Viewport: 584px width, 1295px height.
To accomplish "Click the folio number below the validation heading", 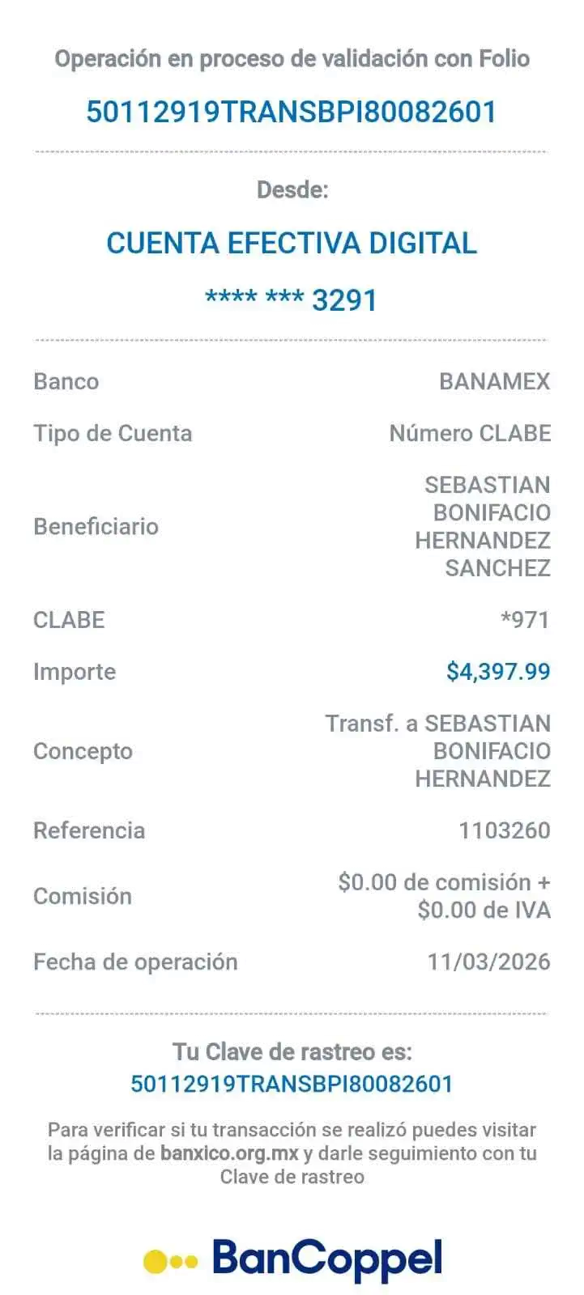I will pos(292,111).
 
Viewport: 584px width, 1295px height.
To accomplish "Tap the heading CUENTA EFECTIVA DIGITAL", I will pos(292,243).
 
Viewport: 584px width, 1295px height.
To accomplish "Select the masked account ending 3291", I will pos(292,299).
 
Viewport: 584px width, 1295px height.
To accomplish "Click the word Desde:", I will pos(292,189).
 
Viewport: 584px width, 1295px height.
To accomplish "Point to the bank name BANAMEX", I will pos(494,381).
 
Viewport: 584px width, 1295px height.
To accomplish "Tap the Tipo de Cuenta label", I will pos(113,433).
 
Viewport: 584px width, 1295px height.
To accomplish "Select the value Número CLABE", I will pos(470,433).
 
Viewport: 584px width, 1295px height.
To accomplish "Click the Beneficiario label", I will pos(96,526).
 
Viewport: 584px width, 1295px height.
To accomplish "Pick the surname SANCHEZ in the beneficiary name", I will pos(497,567).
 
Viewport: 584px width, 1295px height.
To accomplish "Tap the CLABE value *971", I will pos(526,620).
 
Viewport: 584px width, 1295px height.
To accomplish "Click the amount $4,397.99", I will pos(498,671).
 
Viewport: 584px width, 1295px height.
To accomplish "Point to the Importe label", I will pos(74,671).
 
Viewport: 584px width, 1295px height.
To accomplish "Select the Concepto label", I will pos(83,751).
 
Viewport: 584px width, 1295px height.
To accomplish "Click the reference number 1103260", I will pos(504,830).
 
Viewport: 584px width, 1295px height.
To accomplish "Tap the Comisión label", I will pos(83,896).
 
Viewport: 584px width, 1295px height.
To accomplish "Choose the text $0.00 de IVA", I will pos(484,911).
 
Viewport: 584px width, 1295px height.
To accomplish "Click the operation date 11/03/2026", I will pos(489,962).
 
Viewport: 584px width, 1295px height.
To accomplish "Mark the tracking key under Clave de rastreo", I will pos(292,1083).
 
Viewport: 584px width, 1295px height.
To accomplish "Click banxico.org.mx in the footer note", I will pos(229,1153).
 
